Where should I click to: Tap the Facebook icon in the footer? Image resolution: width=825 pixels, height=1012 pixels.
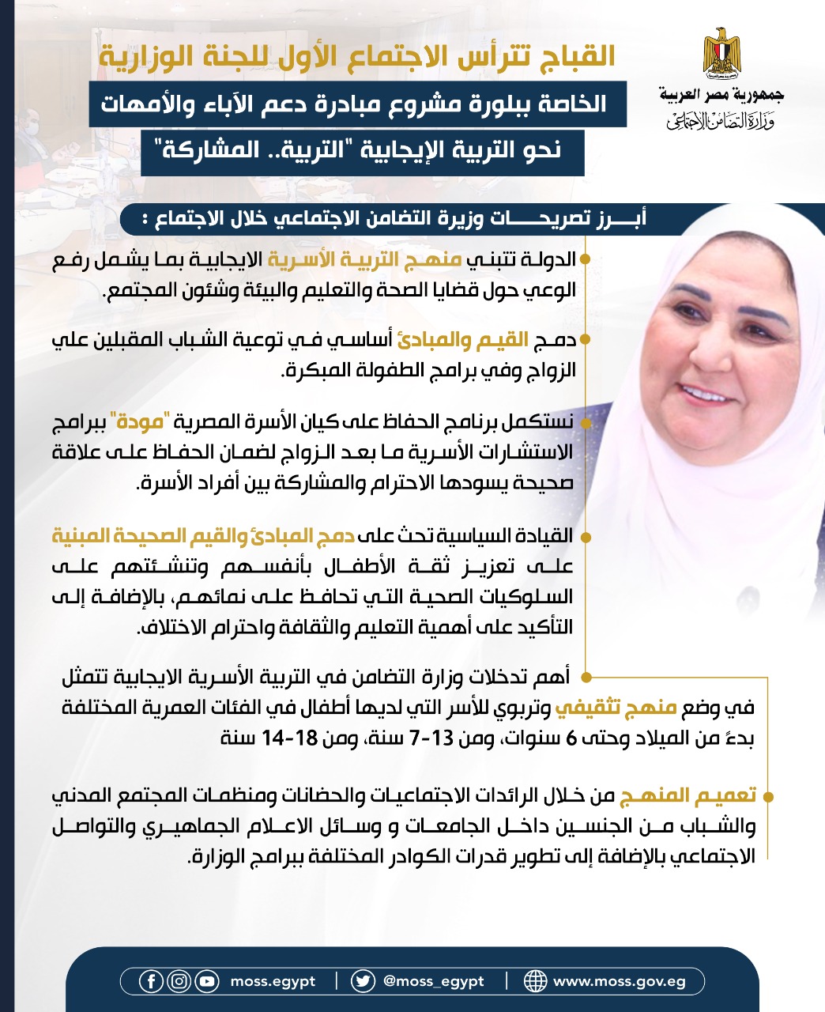[x=151, y=981]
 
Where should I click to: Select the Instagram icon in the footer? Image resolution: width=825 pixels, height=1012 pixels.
[x=179, y=981]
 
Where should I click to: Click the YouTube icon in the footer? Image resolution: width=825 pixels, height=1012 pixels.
[x=207, y=981]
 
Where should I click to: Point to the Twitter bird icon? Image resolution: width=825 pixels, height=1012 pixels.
[x=363, y=981]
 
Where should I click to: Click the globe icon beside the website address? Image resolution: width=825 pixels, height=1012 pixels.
[x=535, y=981]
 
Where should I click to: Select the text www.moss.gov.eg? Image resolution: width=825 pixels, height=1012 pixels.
[x=619, y=982]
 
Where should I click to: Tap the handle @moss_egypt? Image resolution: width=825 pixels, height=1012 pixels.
[x=433, y=982]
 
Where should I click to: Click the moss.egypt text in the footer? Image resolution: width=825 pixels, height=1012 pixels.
[x=273, y=982]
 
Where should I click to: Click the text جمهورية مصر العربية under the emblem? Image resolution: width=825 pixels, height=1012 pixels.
[x=721, y=96]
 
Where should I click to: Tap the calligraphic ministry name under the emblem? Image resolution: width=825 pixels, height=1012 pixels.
[x=720, y=120]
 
